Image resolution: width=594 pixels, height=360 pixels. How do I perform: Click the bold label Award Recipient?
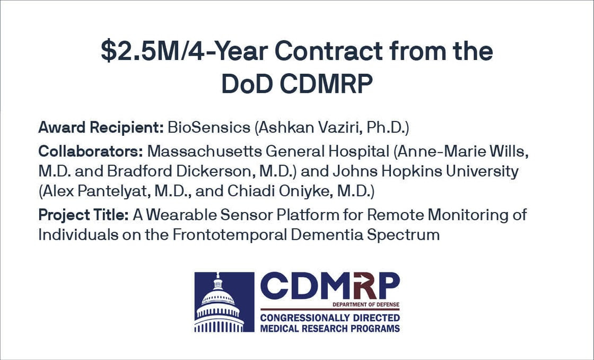click(x=101, y=128)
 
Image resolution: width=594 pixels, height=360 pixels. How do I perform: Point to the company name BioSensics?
click(x=209, y=128)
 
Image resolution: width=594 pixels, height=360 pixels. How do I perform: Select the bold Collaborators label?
click(x=91, y=151)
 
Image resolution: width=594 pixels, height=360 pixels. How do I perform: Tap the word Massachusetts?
click(x=205, y=151)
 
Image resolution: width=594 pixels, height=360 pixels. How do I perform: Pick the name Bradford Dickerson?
click(x=178, y=171)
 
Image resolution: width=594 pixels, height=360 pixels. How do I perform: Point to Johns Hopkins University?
click(x=425, y=171)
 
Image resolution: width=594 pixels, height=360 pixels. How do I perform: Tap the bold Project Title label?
click(x=83, y=215)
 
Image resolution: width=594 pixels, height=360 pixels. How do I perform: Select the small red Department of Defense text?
click(x=366, y=305)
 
